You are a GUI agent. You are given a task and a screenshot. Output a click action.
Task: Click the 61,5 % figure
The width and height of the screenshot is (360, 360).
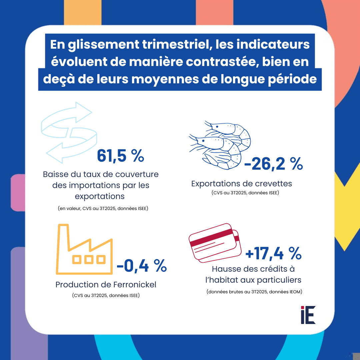120,156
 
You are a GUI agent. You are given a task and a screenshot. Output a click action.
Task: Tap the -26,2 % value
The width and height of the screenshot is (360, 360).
273,164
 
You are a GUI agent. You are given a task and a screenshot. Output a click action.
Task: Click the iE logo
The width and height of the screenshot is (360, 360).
308,315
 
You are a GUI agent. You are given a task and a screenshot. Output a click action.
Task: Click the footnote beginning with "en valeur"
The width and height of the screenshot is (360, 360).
103,209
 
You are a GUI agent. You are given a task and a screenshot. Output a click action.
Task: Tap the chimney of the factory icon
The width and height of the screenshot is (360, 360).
64,235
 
